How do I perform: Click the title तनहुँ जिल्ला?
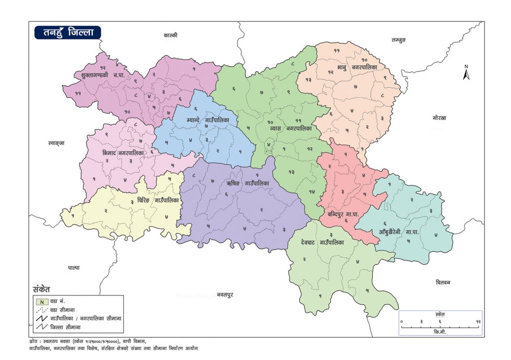(x=67, y=32)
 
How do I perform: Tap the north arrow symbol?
(x=466, y=73)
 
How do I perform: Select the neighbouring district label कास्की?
(x=171, y=35)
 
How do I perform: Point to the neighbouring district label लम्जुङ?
(x=400, y=39)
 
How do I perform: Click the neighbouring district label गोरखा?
(x=440, y=118)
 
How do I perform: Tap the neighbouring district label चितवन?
(x=443, y=282)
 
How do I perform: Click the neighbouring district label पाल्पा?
(x=73, y=268)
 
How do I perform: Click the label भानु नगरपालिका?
(x=356, y=67)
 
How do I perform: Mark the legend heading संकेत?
(x=41, y=289)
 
